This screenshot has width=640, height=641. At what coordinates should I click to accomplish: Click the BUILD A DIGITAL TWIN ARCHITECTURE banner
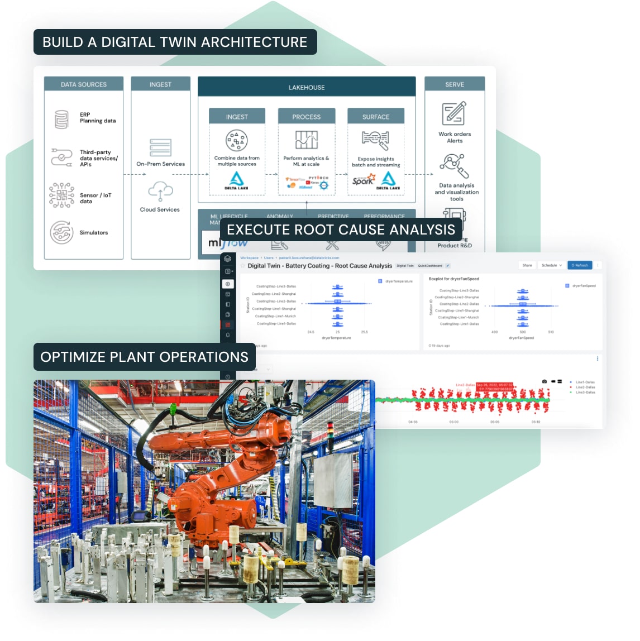[175, 42]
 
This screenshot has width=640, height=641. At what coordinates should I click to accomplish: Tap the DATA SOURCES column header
[84, 84]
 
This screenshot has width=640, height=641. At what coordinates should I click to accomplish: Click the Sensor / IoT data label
[95, 198]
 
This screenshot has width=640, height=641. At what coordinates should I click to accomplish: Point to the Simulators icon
[61, 232]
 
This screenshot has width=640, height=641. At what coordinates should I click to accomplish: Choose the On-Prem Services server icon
[160, 148]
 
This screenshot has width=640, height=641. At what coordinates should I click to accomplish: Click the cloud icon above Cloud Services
[160, 192]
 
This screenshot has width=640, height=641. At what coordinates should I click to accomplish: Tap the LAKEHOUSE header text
[307, 88]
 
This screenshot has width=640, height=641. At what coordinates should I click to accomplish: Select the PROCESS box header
[307, 117]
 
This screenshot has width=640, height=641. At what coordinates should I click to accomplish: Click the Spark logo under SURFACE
[364, 180]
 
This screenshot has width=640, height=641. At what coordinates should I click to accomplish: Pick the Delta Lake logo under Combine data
[237, 180]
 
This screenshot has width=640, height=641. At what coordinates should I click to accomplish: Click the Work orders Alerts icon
[454, 114]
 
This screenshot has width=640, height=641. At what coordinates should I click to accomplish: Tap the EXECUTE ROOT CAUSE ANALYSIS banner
[341, 230]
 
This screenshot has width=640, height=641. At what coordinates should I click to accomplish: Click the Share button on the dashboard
[527, 265]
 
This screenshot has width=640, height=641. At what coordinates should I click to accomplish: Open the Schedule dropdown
[551, 265]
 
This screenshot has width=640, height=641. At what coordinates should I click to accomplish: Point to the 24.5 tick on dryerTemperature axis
[311, 332]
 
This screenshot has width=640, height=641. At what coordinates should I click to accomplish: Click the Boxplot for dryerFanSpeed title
[453, 279]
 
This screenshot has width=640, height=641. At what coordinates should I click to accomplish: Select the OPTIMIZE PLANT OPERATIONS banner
[144, 357]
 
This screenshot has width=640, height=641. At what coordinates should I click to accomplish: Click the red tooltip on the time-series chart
[494, 386]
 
